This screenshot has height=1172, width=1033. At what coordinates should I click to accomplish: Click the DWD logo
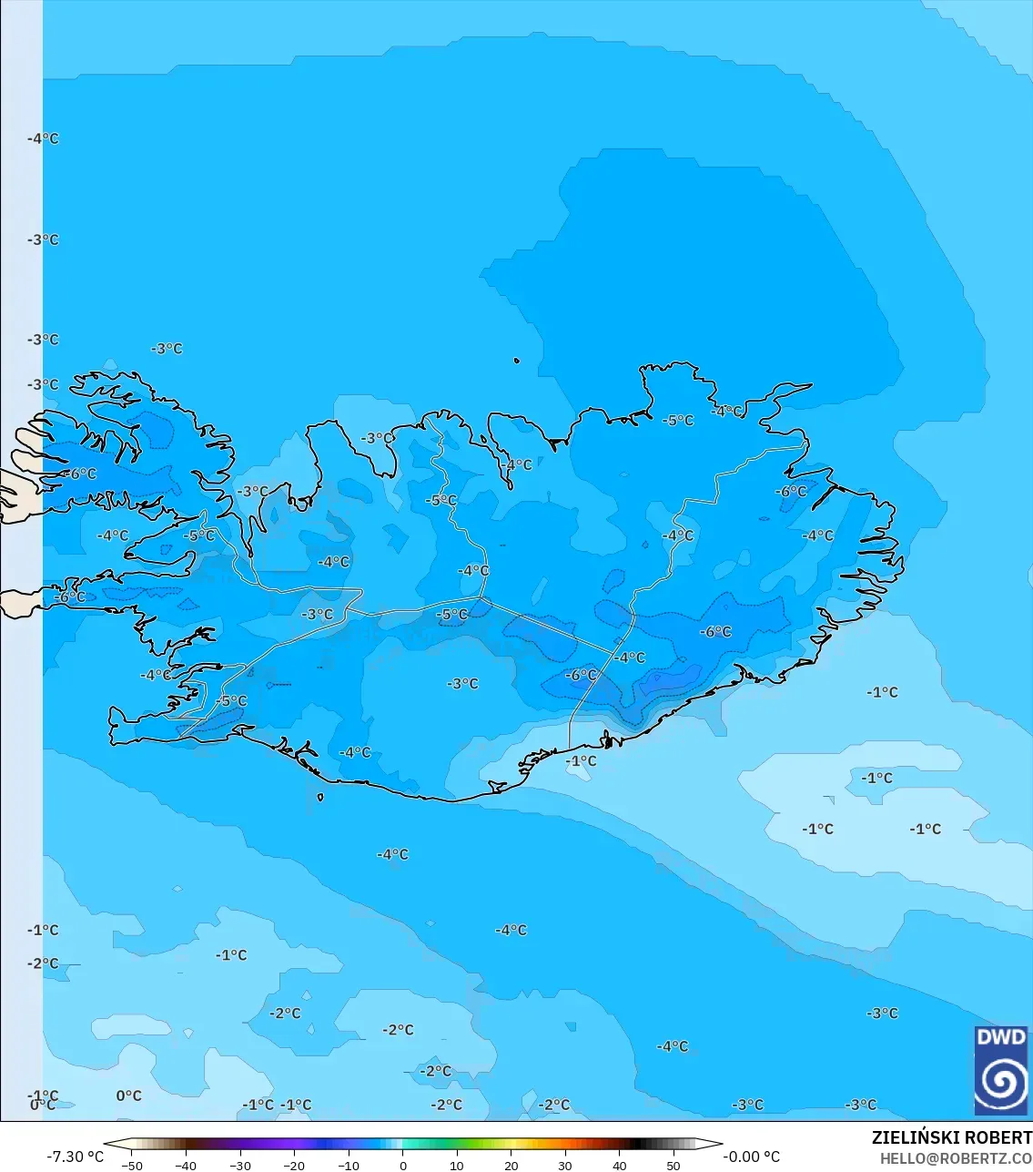click(x=1001, y=1069)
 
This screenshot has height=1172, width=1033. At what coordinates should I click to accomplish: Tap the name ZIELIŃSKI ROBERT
click(x=951, y=1137)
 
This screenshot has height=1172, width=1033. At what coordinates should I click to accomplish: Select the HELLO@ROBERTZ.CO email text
click(x=956, y=1158)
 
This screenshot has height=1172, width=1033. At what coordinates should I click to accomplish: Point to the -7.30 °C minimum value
click(x=76, y=1157)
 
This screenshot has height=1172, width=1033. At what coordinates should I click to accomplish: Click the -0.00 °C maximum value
click(x=751, y=1157)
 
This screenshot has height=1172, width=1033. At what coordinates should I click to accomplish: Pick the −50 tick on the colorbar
click(x=131, y=1166)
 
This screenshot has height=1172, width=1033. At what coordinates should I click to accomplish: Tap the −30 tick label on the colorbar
click(x=239, y=1166)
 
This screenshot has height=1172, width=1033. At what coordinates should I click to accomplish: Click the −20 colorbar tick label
click(x=294, y=1166)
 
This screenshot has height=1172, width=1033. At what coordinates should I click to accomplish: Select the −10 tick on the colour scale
click(x=348, y=1166)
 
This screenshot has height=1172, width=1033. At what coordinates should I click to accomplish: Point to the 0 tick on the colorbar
click(x=402, y=1166)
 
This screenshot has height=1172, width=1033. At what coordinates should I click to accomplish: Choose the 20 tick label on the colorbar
click(x=511, y=1166)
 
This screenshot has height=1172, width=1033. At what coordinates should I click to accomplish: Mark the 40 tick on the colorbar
click(x=619, y=1166)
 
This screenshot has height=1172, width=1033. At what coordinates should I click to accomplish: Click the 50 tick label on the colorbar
click(x=673, y=1166)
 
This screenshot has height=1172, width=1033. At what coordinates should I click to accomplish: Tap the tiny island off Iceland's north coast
click(x=516, y=361)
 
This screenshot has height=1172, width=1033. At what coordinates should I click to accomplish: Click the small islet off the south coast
click(x=320, y=797)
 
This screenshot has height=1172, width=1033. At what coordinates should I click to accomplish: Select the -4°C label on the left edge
click(x=43, y=138)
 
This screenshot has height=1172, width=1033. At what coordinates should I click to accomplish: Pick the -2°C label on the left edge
click(x=43, y=963)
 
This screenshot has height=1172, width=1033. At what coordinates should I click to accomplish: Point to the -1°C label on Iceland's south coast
click(x=581, y=760)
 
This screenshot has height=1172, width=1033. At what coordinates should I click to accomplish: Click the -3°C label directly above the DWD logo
click(x=882, y=1013)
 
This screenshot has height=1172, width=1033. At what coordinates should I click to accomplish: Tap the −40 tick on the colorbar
click(x=186, y=1166)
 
